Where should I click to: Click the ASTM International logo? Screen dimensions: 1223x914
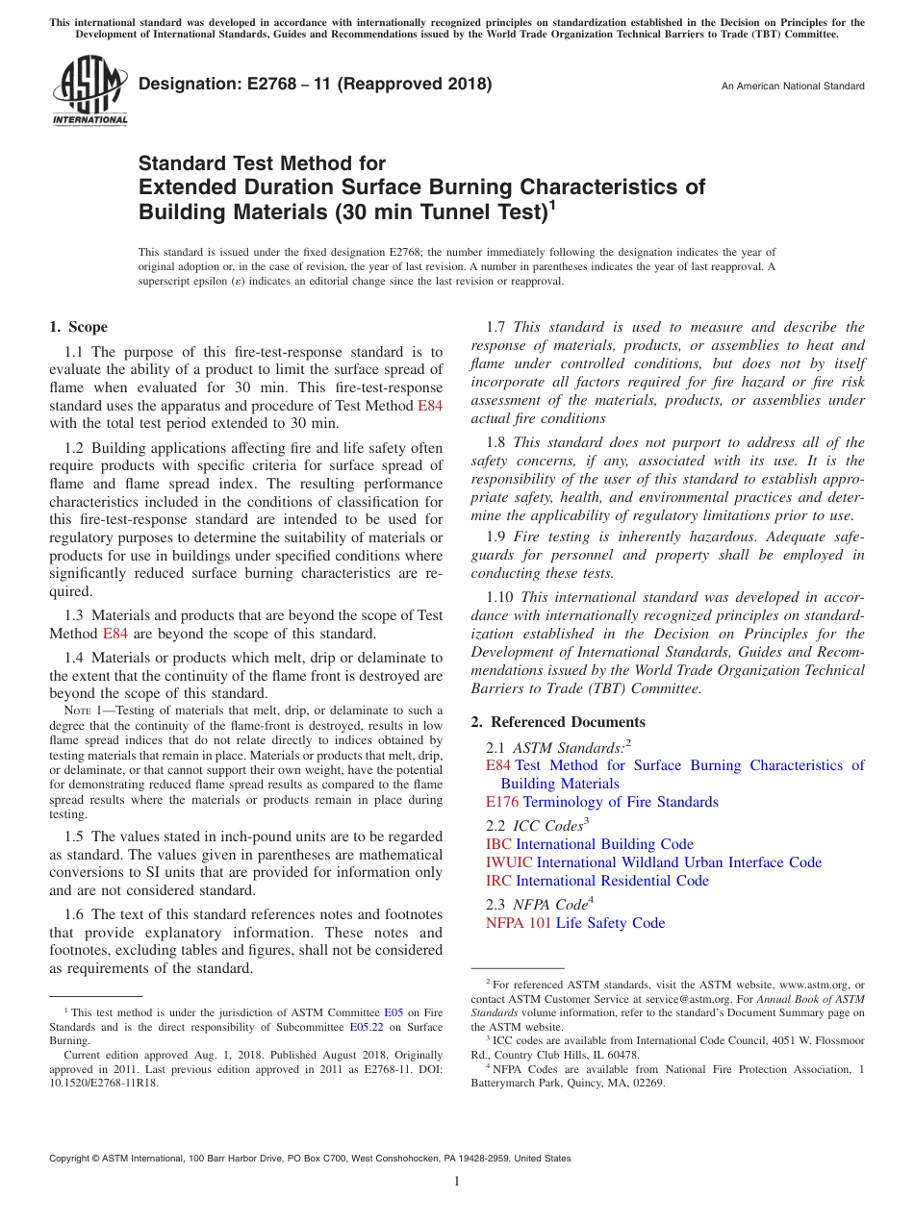coord(89,91)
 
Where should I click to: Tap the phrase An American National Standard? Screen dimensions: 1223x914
coord(792,87)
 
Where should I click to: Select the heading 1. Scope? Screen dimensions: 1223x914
coord(78,327)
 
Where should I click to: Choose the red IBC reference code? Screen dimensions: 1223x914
coord(498,844)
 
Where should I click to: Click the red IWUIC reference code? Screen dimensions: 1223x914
coord(509,862)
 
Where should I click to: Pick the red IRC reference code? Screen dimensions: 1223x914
coord(498,881)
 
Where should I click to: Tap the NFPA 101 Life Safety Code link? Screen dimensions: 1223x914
coord(575,923)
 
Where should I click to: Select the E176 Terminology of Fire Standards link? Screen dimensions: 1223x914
coord(602,802)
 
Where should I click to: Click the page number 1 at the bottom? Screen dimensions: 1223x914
coord(457,1182)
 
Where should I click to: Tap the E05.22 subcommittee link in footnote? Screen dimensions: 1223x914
coord(365,1027)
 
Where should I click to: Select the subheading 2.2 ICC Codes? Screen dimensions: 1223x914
coord(537,825)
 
